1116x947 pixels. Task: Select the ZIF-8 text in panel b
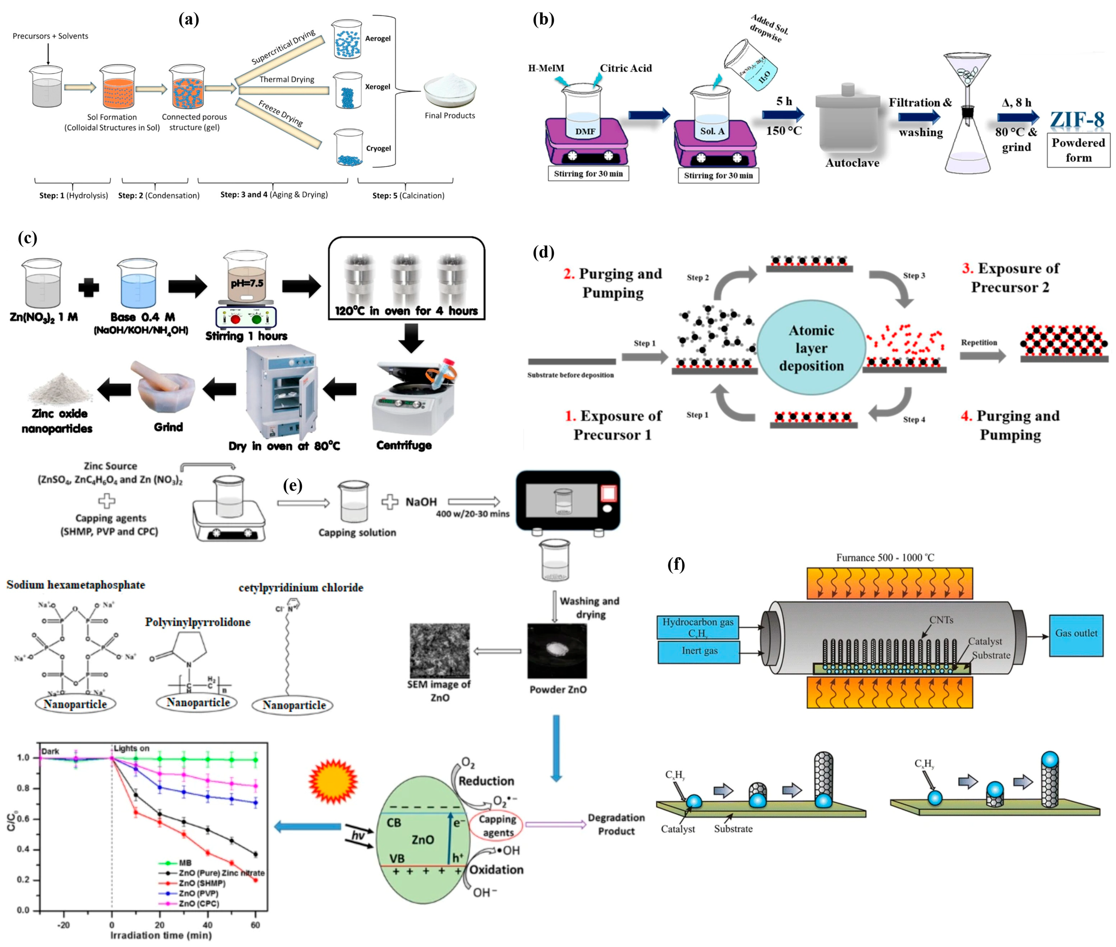click(1077, 119)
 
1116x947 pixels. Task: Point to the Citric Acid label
click(626, 68)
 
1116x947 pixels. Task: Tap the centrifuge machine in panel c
click(413, 397)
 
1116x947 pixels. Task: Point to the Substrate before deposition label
click(570, 375)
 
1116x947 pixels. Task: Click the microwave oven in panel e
click(568, 500)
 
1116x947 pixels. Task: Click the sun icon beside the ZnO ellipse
click(333, 781)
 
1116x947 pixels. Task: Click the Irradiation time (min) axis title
click(161, 935)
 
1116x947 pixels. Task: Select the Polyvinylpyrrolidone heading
click(197, 622)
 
